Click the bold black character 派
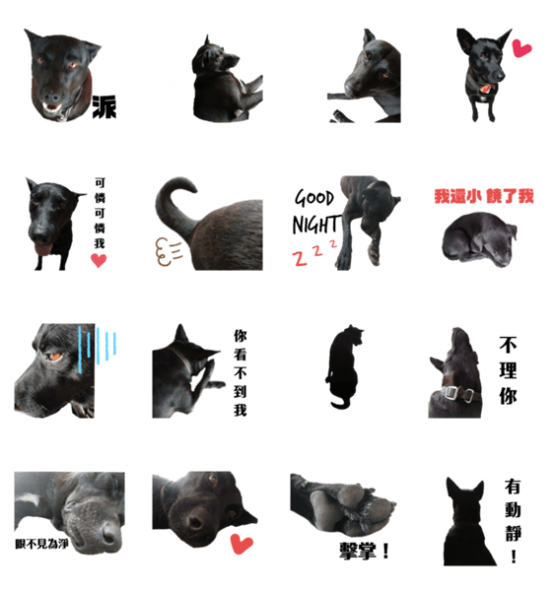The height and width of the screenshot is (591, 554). point(104,106)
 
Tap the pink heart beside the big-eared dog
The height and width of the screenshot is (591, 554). point(521,48)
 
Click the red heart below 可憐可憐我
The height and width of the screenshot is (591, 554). point(99,260)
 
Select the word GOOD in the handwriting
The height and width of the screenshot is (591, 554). point(314,198)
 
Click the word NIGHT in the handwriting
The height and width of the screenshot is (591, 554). point(316,225)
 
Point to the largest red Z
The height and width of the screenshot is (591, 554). point(300,258)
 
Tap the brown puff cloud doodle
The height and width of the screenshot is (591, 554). point(168,251)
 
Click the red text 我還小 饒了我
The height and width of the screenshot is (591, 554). point(484,196)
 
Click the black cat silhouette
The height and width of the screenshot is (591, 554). point(344,366)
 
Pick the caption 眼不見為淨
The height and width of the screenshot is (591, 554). point(41,544)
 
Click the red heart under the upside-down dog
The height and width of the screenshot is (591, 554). point(242,544)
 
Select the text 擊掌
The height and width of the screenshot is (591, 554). point(358,551)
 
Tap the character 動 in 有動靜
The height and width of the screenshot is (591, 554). point(513,509)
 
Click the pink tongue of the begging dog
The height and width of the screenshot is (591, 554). point(43,248)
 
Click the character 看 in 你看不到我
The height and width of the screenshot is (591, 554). point(241,355)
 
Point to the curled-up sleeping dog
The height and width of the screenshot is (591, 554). point(479,239)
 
